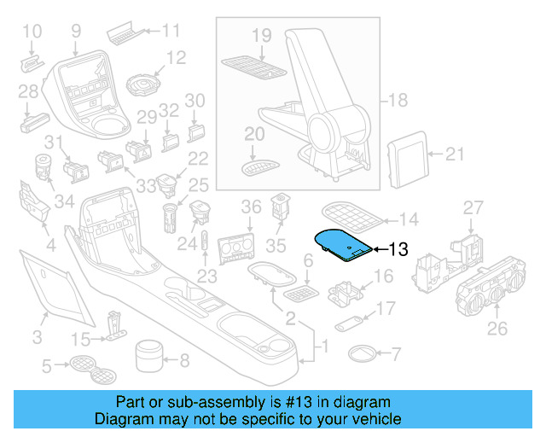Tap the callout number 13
(398, 250)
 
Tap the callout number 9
(76, 31)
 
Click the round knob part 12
(142, 86)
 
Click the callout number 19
(261, 35)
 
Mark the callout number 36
(250, 206)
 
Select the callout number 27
(473, 207)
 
